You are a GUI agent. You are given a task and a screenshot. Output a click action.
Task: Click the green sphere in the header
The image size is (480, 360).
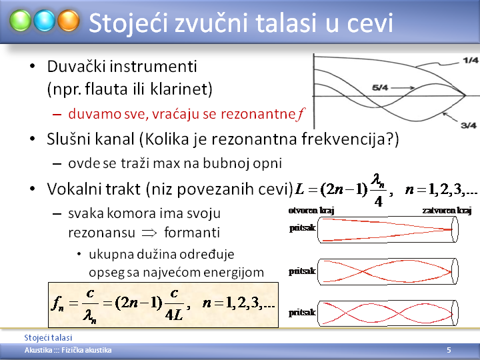click(20, 21)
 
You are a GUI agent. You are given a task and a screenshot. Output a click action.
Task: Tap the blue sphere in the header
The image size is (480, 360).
click(45, 21)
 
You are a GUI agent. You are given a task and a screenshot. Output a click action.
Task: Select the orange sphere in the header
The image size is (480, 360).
click(69, 21)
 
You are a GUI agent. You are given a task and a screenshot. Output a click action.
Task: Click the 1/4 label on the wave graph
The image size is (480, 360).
click(471, 60)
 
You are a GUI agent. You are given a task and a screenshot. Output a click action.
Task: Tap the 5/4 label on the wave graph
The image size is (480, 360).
click(380, 88)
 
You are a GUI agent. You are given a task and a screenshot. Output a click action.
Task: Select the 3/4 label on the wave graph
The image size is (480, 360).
click(469, 125)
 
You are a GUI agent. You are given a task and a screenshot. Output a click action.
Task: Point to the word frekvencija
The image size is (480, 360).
click(345, 139)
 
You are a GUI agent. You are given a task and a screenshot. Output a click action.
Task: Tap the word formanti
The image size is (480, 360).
click(192, 233)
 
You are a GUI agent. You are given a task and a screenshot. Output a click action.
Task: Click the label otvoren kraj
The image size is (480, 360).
click(311, 210)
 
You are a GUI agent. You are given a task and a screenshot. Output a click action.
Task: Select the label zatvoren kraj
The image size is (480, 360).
click(447, 210)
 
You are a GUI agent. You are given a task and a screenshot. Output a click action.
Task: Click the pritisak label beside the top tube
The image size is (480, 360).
click(303, 228)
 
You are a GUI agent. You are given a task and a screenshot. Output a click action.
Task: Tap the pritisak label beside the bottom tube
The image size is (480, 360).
click(302, 312)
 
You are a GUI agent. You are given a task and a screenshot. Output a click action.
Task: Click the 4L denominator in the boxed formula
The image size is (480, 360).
click(174, 315)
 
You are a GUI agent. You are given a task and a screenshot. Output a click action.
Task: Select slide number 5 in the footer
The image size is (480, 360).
click(449, 350)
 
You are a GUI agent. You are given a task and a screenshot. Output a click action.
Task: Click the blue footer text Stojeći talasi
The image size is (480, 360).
click(48, 337)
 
